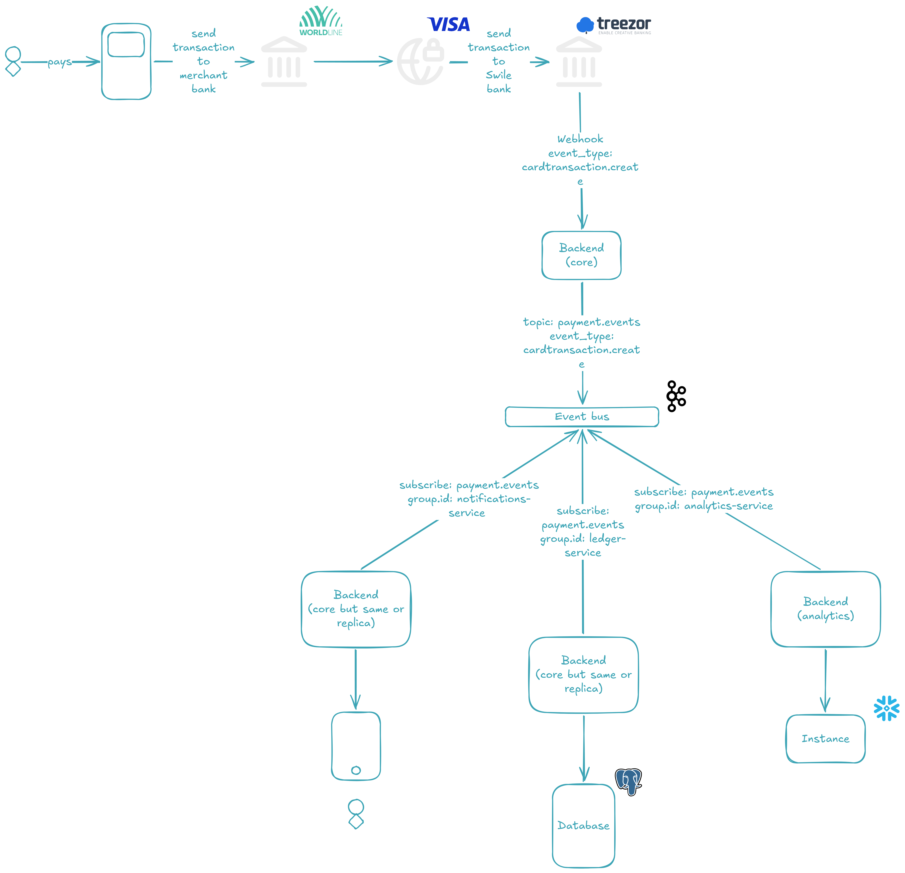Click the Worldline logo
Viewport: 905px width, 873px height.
pos(321,21)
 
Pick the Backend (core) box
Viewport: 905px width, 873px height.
pos(581,255)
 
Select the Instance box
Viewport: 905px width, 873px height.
pos(826,738)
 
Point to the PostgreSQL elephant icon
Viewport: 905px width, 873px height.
pos(628,781)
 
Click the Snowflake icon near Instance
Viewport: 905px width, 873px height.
pos(886,708)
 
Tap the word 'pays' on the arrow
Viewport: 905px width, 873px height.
pos(60,62)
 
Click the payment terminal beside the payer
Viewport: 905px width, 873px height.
pos(127,61)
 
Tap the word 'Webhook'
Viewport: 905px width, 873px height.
pos(580,139)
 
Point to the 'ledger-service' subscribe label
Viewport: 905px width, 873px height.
pos(583,532)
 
